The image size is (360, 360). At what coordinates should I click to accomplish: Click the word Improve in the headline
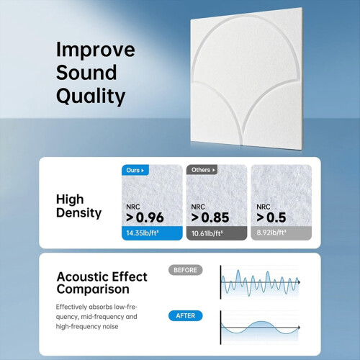[95, 50]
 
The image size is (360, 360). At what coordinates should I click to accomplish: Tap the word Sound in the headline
[86, 73]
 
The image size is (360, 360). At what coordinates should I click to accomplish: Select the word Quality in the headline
[91, 96]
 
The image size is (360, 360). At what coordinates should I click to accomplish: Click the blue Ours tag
[135, 170]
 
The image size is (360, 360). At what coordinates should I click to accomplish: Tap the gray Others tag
[202, 170]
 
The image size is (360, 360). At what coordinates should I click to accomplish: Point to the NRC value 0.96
[150, 217]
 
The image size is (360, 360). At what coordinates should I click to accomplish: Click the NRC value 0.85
[215, 217]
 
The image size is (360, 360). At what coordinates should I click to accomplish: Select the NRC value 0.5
[276, 217]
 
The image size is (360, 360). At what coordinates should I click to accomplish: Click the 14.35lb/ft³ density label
[143, 233]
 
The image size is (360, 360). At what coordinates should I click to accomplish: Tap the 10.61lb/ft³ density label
[207, 233]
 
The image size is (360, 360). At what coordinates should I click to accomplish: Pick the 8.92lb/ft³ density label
[271, 233]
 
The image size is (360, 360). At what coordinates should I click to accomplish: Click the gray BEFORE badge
[185, 270]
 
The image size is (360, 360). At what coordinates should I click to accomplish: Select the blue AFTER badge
[185, 315]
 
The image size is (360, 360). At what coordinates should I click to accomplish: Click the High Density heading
[78, 207]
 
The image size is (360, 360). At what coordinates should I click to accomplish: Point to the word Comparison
[93, 289]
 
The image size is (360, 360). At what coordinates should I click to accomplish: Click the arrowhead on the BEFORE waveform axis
[299, 282]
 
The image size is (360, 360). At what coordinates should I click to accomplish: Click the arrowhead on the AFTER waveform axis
[299, 328]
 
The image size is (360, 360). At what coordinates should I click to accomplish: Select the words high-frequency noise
[87, 326]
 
